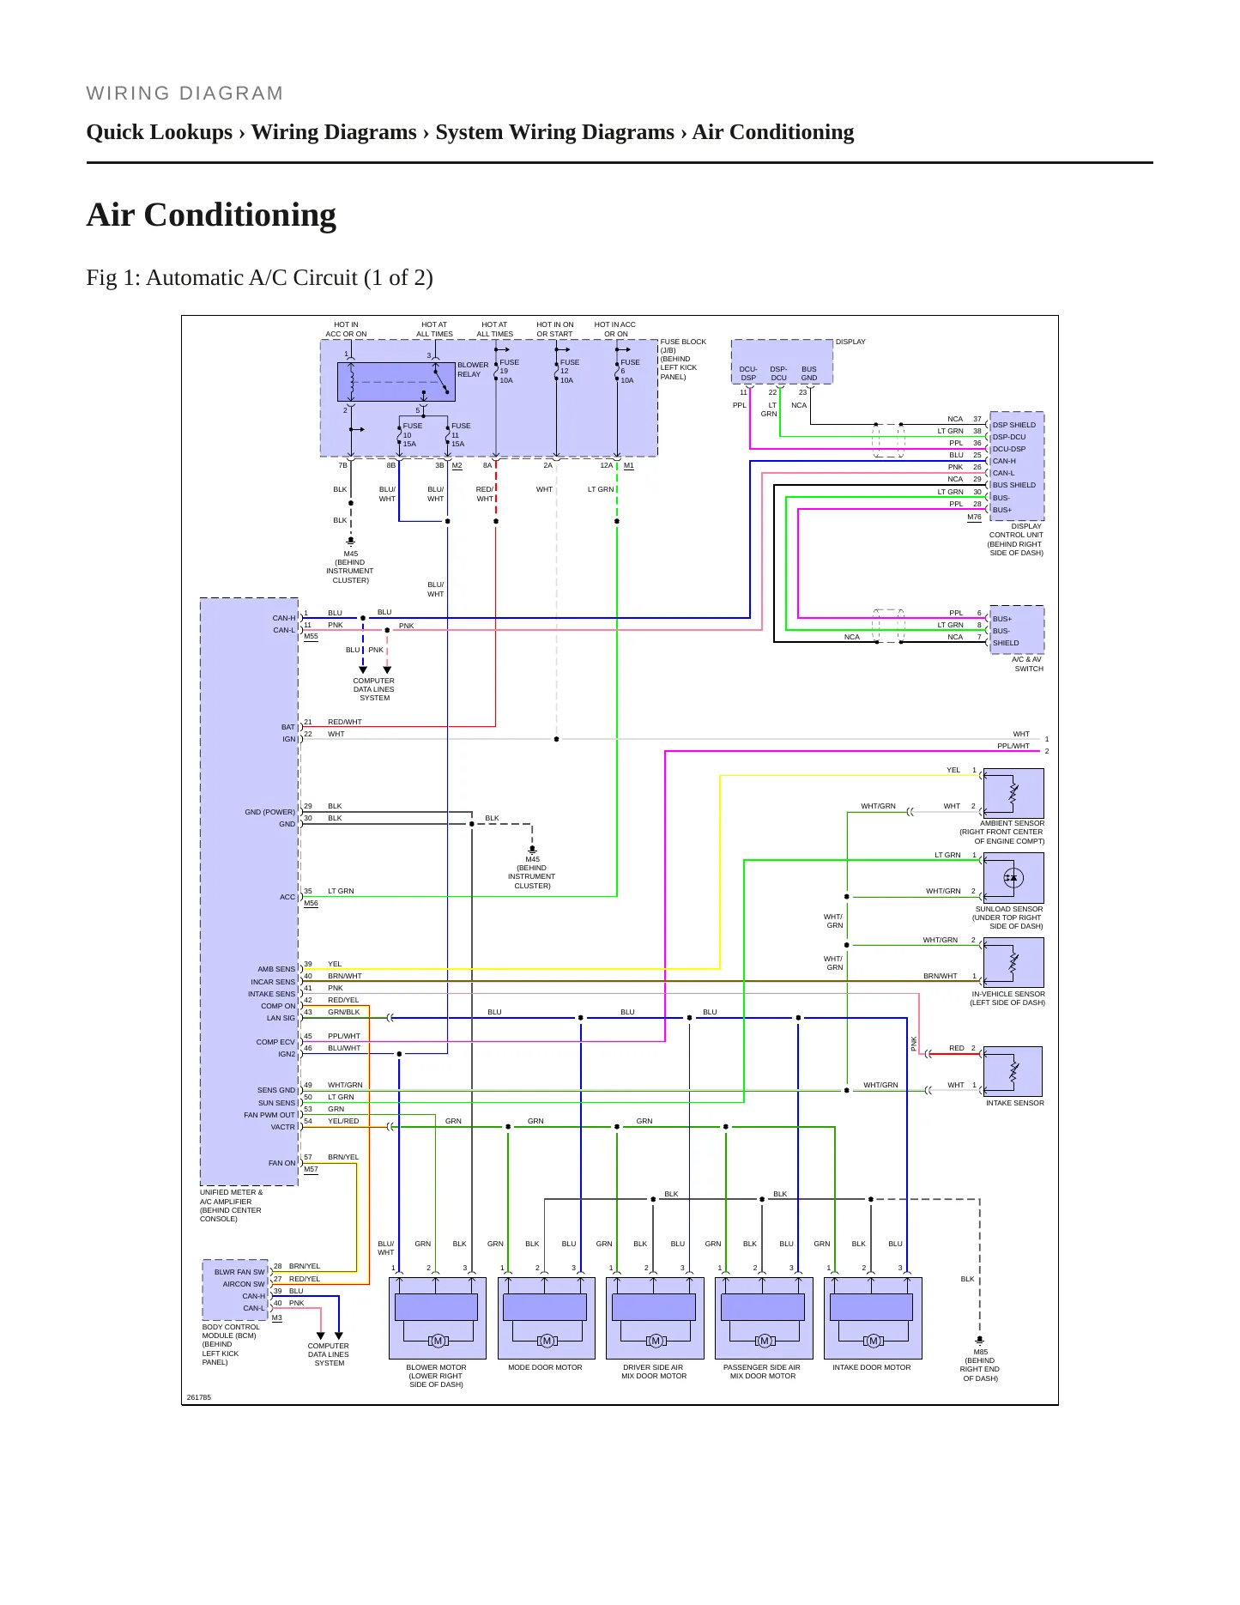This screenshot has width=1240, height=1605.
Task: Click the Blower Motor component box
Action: [437, 1317]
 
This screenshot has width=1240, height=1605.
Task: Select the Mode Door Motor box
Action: [546, 1317]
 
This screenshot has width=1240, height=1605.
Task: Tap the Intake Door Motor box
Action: [873, 1317]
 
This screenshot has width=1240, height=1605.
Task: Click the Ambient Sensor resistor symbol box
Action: [1013, 793]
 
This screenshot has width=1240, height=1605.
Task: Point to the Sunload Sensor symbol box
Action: [1013, 877]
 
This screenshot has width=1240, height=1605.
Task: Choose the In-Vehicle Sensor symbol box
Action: [1013, 962]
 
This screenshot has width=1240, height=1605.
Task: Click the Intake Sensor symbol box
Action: [1013, 1071]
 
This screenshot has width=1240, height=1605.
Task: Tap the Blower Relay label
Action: [473, 369]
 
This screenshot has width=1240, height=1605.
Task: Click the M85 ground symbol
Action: [980, 1340]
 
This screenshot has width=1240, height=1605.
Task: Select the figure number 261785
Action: [199, 1397]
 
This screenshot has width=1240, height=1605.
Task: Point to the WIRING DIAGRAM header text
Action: [184, 94]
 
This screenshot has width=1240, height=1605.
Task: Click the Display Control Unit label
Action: [1015, 540]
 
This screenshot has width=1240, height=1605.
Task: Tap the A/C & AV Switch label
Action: [1028, 664]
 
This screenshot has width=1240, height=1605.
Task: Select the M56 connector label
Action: [311, 903]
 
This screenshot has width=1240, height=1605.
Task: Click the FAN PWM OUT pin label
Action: [269, 1115]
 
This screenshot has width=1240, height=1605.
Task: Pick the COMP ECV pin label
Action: [275, 1042]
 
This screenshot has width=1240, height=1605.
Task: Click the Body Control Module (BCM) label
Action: [231, 1344]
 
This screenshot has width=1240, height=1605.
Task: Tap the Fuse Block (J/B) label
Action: [683, 360]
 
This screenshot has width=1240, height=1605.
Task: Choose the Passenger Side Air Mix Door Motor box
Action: [764, 1317]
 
